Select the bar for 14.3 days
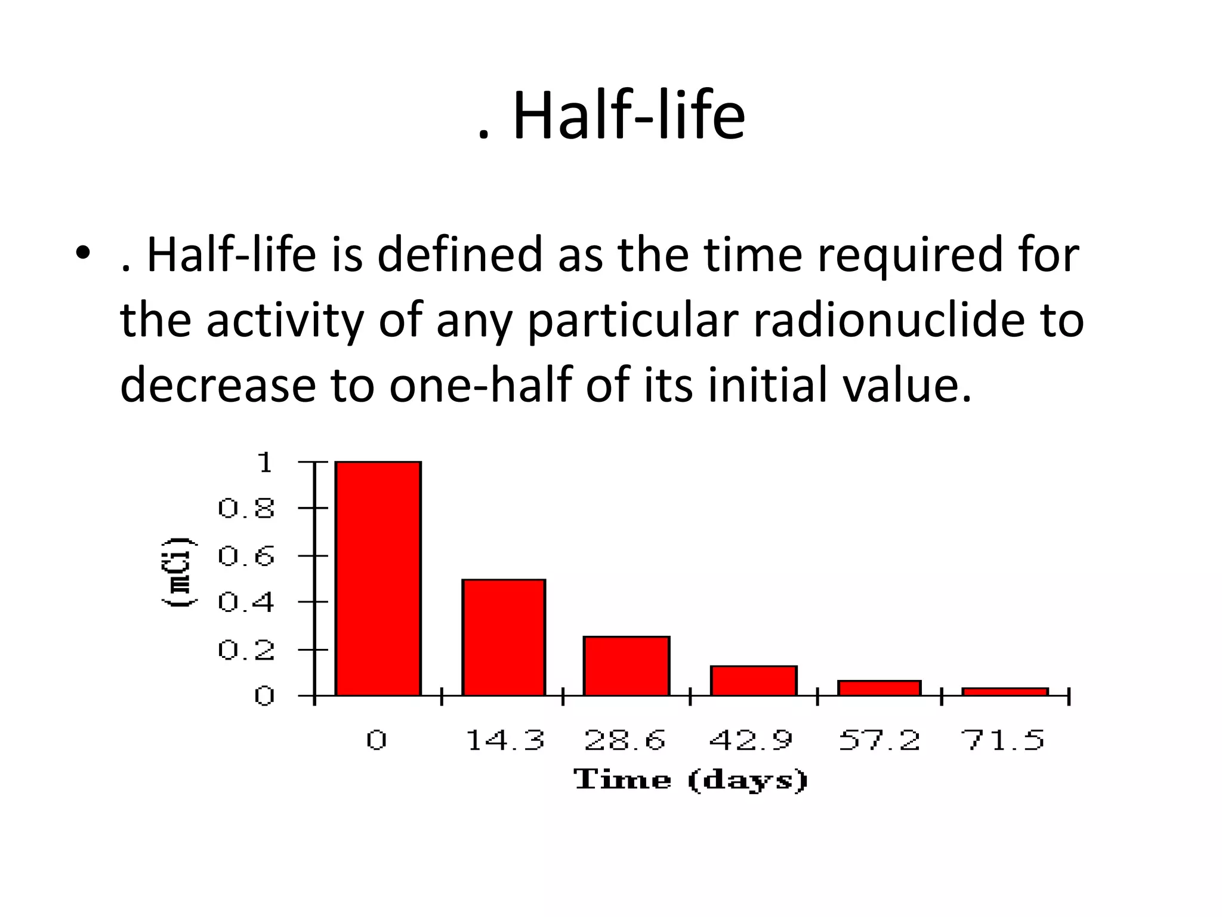(504, 637)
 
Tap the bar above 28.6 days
(626, 666)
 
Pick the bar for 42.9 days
(753, 681)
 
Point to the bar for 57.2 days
(879, 688)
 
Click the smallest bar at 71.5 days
(1005, 692)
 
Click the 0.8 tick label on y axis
(246, 509)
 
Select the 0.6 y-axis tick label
(246, 556)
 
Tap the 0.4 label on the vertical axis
(246, 602)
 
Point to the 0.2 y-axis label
(246, 650)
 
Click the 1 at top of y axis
(264, 463)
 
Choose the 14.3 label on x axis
(505, 741)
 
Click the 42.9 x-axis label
(751, 741)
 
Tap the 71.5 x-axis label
(1003, 741)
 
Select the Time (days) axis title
(691, 780)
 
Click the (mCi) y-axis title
(178, 572)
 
